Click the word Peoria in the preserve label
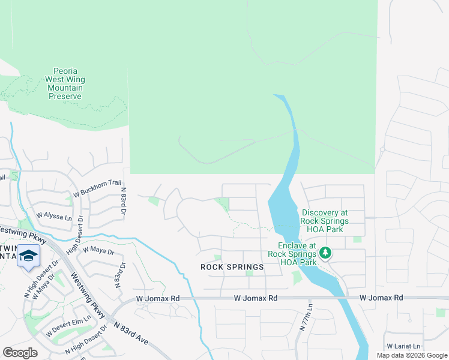pos(65,71)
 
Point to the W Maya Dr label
pos(98,250)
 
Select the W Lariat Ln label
pos(403,346)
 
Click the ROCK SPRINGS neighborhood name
pos(232,267)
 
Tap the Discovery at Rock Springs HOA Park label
pos(325,221)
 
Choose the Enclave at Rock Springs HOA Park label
pos(297,254)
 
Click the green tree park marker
pos(326,253)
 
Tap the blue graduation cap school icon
pos(28,256)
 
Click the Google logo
pos(20,353)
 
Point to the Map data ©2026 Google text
pos(411,355)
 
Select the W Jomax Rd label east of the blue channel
pos(382,298)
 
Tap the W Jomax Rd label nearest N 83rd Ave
pos(158,298)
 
